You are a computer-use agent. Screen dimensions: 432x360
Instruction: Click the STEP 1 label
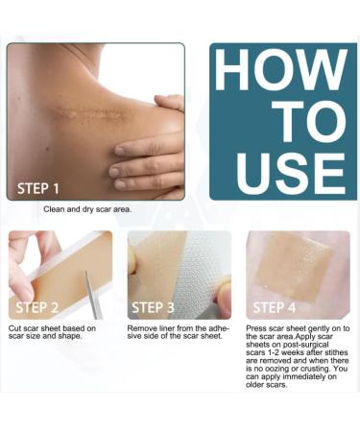pos(38,188)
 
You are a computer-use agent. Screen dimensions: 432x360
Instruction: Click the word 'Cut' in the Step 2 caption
pos(15,330)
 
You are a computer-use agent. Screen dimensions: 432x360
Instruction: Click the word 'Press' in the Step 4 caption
pos(256,330)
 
